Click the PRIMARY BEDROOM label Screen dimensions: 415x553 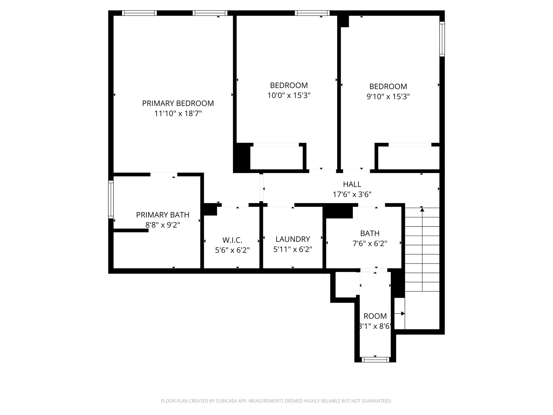178,103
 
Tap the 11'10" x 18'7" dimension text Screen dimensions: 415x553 178,113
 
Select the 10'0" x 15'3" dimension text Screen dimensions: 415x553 289,95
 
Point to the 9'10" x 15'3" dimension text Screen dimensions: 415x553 388,96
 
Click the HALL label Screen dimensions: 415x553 352,184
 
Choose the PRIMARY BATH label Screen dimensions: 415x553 163,215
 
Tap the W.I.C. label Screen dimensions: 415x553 232,240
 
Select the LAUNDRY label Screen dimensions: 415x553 293,239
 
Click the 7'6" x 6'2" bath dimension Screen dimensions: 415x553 370,243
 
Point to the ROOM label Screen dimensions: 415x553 375,316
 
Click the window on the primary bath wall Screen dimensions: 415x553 111,199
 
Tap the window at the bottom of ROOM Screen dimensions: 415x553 375,359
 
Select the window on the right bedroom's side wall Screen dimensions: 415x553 442,39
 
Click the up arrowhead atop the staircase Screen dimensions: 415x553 422,209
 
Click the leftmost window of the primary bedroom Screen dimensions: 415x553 139,13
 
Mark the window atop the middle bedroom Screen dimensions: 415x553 312,13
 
